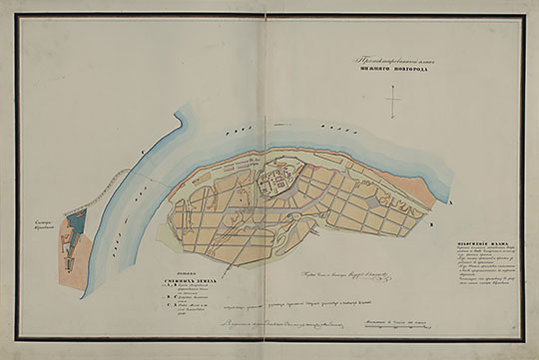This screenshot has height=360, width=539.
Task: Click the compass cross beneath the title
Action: (x=396, y=102)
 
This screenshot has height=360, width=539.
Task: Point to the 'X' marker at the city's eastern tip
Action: (x=451, y=200)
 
